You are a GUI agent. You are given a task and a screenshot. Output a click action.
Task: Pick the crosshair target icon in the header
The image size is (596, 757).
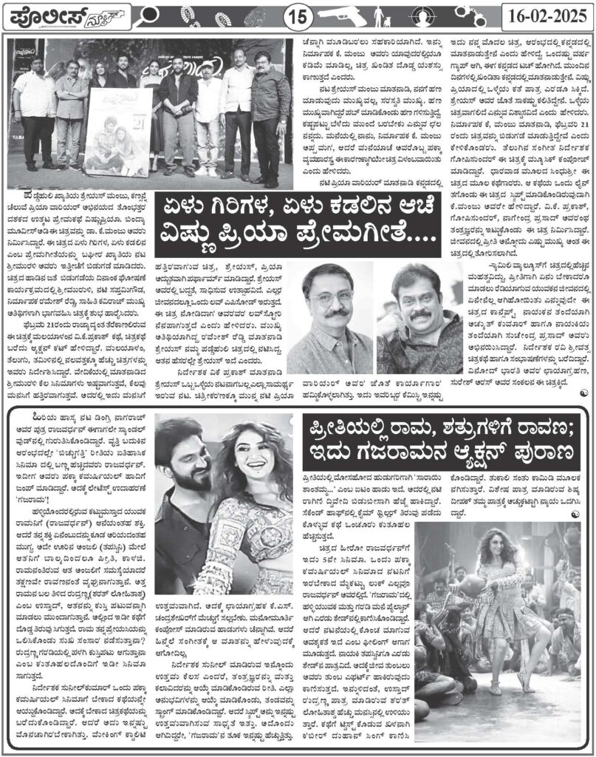(456, 13)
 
